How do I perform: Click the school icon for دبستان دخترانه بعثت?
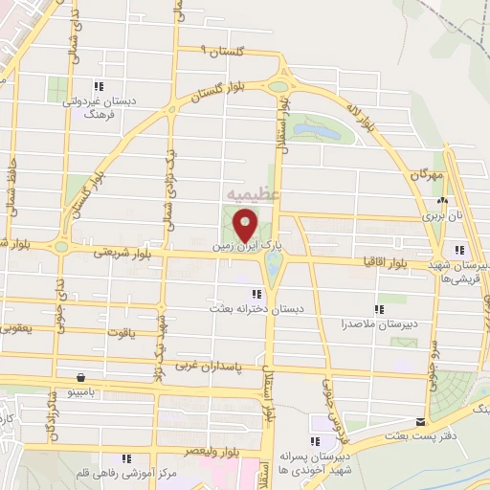click(x=256, y=294)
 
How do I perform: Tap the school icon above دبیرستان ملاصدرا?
click(x=379, y=309)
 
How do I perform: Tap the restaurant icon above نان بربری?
click(x=442, y=202)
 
